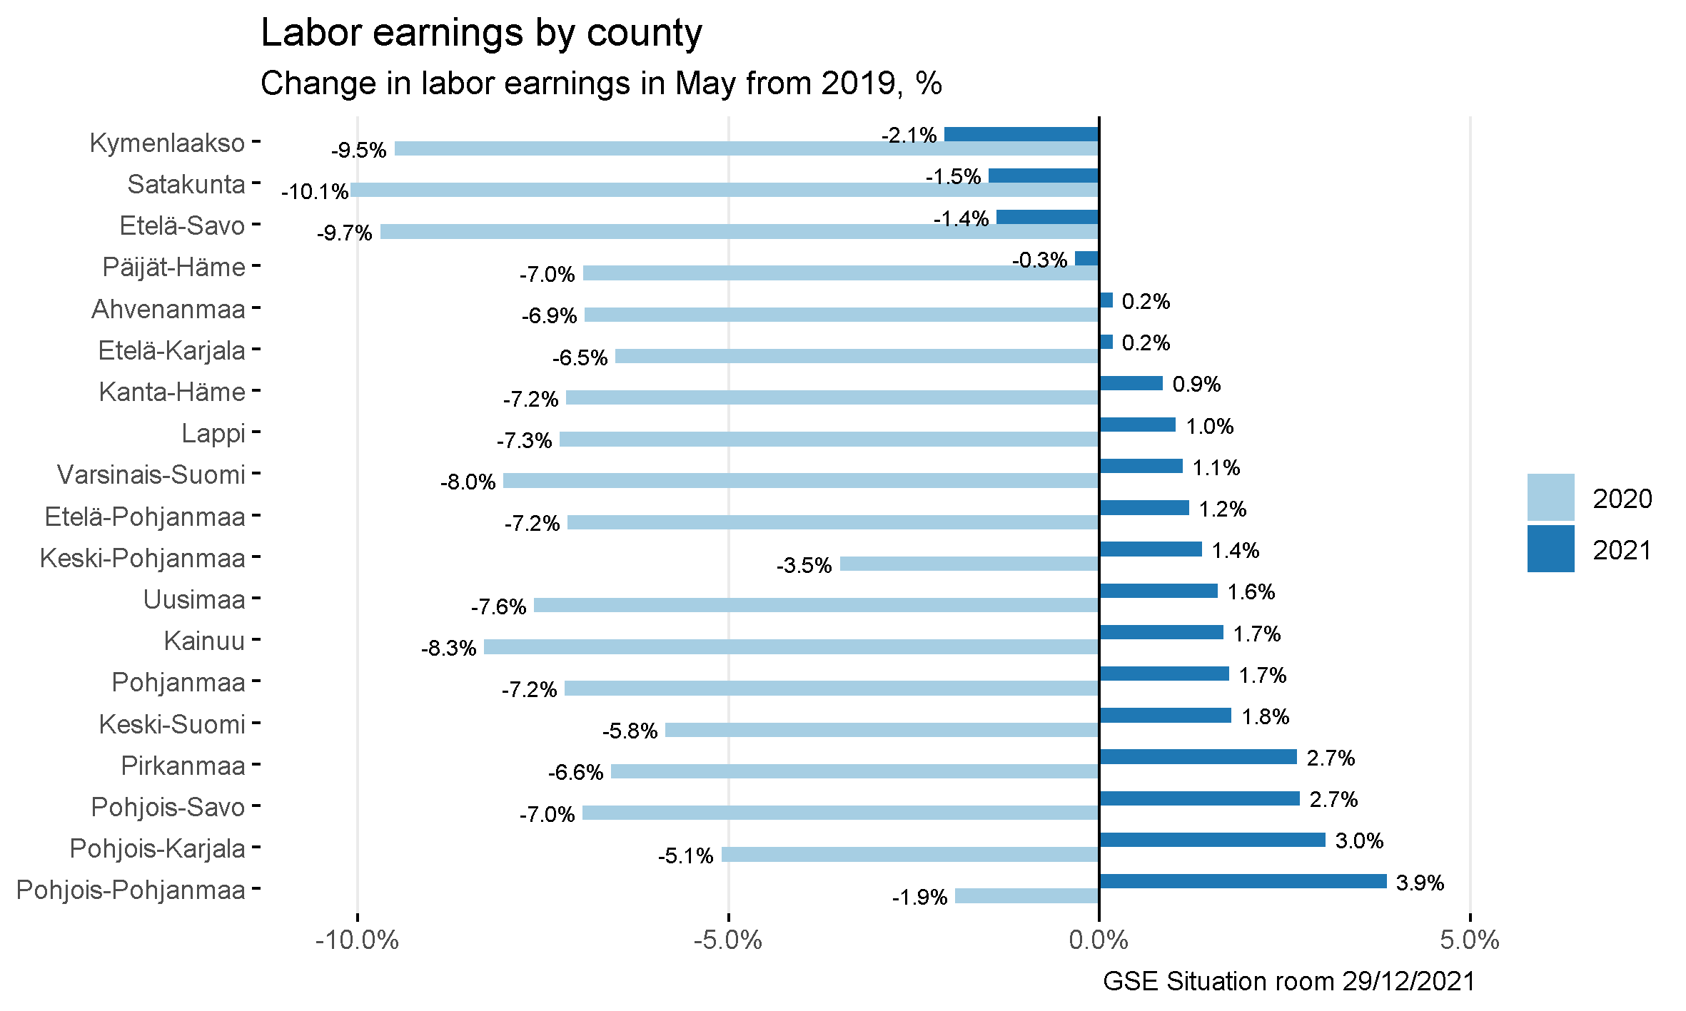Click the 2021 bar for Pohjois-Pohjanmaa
[1243, 881]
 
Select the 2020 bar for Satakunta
[724, 190]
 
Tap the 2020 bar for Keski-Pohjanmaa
[969, 564]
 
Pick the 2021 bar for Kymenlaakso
[1021, 134]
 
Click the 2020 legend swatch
[1550, 497]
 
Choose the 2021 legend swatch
[1550, 549]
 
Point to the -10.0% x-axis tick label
[357, 940]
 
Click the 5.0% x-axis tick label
[1470, 940]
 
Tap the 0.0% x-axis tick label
[1099, 940]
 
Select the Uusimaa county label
[194, 599]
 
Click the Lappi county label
[213, 433]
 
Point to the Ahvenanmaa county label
[168, 309]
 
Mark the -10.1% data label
[315, 192]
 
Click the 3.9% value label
[1420, 883]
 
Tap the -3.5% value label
[804, 566]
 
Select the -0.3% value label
[1039, 260]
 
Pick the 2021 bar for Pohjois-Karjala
[1212, 840]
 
